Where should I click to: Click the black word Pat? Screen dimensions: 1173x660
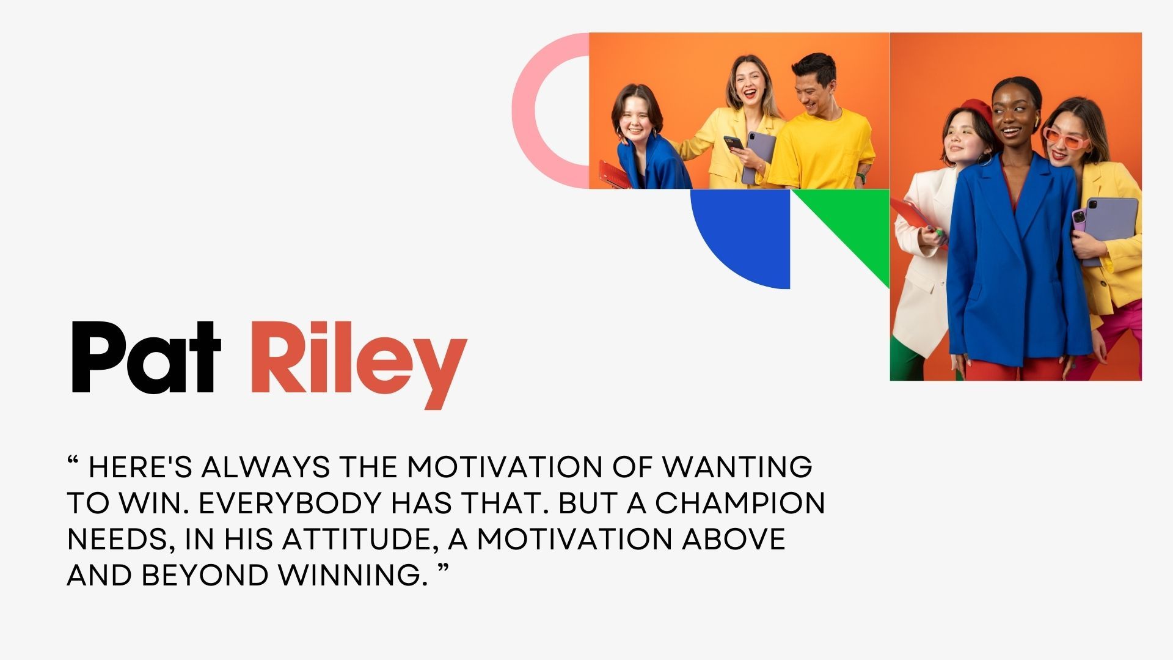[x=145, y=358]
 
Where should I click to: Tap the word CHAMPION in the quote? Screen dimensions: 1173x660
[x=740, y=503]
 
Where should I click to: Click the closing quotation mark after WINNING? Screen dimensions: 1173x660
[x=444, y=568]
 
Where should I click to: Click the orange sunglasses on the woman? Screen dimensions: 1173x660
[x=1066, y=139]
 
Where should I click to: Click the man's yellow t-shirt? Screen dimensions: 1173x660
[x=822, y=150]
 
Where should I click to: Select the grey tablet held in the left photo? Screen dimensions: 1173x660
[x=758, y=156]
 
